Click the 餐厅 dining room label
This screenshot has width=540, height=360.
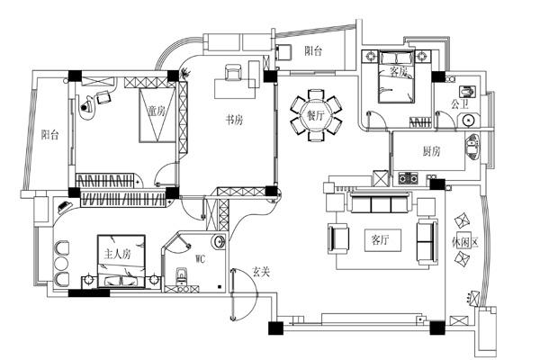(x=316, y=115)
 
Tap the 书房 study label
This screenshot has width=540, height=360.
(x=234, y=120)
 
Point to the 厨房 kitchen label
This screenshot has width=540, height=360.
(x=431, y=151)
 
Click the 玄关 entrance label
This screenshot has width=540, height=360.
(x=261, y=272)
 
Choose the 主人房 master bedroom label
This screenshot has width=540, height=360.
(x=117, y=254)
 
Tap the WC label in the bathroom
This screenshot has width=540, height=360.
(x=200, y=258)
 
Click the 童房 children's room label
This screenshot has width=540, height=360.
(x=157, y=111)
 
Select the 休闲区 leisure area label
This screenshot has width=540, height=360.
(x=465, y=242)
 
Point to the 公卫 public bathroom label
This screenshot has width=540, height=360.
(x=460, y=104)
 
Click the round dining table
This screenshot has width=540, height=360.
(x=316, y=115)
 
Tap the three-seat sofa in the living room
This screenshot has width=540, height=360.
(x=381, y=203)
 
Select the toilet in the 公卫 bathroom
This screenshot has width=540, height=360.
(x=468, y=92)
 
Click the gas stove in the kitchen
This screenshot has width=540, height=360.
(x=408, y=178)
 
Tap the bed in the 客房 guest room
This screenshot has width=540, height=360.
(x=396, y=76)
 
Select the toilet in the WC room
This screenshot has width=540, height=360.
(x=182, y=275)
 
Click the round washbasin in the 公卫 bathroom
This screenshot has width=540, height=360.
(x=468, y=120)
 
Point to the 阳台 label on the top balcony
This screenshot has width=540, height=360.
(x=313, y=51)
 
